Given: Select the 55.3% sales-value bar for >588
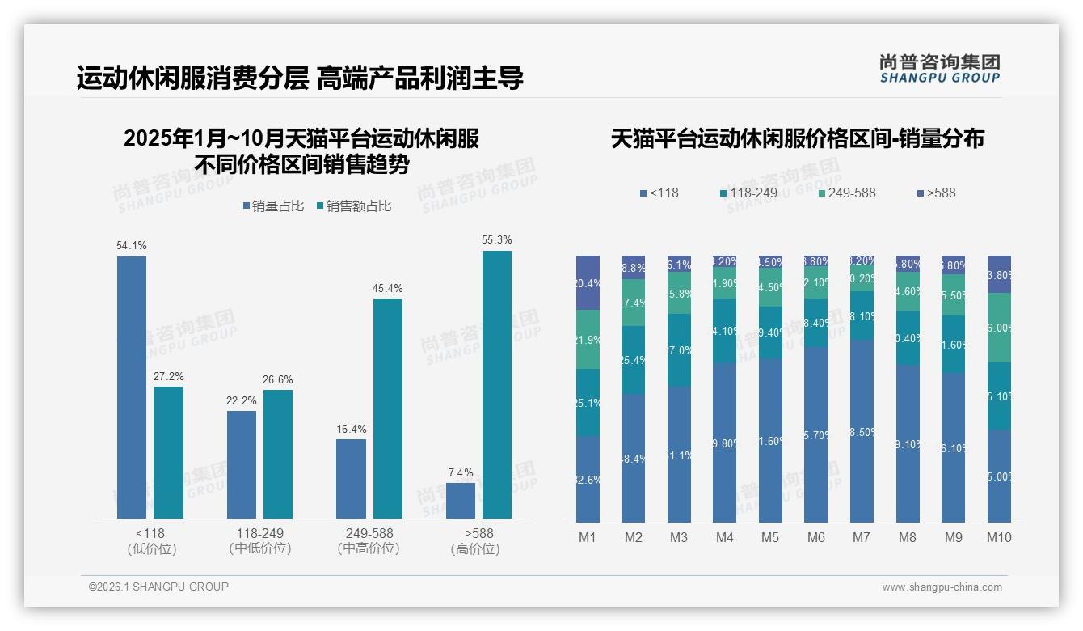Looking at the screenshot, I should [x=497, y=384].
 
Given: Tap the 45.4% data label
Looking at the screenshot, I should [x=387, y=289].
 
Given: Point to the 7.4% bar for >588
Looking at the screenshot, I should [x=461, y=501].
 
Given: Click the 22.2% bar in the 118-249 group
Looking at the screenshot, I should [x=242, y=464].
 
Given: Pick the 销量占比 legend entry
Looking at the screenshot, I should [x=273, y=206].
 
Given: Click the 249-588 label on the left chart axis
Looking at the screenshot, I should [x=369, y=534].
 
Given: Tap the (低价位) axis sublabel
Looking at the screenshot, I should [x=152, y=548].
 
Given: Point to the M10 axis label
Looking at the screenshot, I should [x=999, y=537].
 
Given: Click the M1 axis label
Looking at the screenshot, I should [x=588, y=537].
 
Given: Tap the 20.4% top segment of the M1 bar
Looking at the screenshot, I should [x=588, y=283].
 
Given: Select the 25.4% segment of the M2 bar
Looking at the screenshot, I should [x=633, y=360].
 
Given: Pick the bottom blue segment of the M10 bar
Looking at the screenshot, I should [x=999, y=476].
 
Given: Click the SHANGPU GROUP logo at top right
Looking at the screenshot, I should [x=939, y=68].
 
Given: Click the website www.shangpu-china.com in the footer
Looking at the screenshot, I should [x=942, y=587].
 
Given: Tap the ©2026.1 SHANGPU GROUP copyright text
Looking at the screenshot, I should [x=158, y=587].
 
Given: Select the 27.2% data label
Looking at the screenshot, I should [x=168, y=377].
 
